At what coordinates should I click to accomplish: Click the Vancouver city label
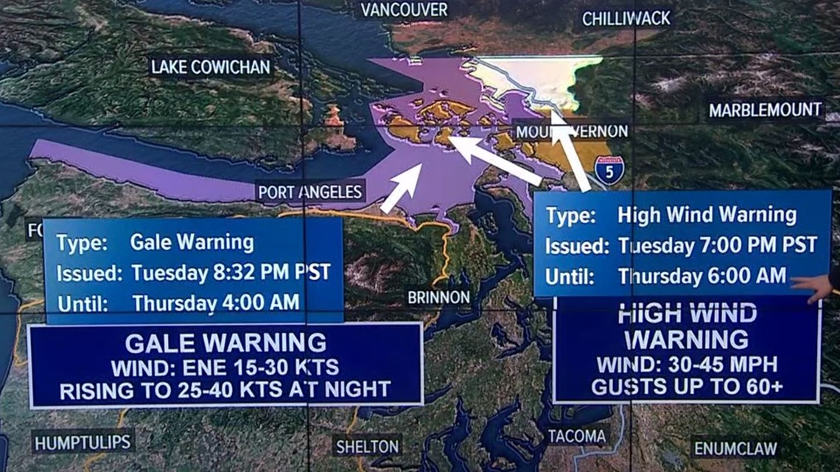pos(404,10)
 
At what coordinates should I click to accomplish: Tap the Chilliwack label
pos(626,18)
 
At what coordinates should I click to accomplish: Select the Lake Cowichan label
pos(211,67)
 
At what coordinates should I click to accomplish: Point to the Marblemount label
pos(766,110)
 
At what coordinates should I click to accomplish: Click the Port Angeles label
pos(310,192)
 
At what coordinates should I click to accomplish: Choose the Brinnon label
pos(438,297)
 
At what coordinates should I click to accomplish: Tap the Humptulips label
pos(83,442)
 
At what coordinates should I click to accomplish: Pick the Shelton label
pos(368,446)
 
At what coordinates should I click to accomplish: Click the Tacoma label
pos(577,437)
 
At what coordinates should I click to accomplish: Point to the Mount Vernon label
pos(572,132)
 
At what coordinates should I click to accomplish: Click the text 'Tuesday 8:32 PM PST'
pos(231,273)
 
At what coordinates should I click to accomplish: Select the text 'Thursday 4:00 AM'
pos(216,303)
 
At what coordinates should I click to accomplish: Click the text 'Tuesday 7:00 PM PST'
pos(717,245)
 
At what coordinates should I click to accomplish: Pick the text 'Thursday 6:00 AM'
pos(701,276)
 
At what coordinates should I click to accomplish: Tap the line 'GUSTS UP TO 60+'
pos(687,387)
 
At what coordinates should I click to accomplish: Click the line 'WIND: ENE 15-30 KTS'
pos(225,367)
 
